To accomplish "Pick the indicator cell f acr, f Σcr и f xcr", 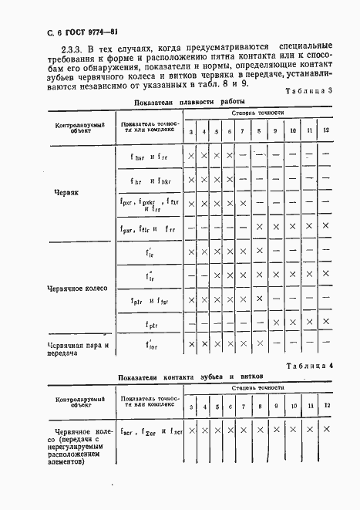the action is pos(151,432).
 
